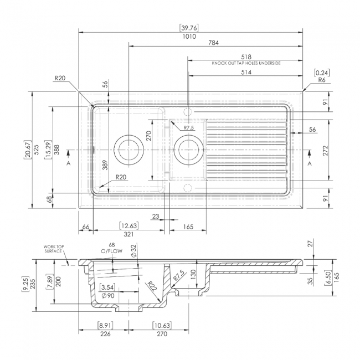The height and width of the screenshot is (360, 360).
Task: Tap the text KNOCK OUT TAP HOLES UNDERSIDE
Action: (246, 64)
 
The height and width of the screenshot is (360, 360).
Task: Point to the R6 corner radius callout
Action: (321, 80)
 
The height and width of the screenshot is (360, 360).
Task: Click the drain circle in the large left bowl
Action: (128, 150)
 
